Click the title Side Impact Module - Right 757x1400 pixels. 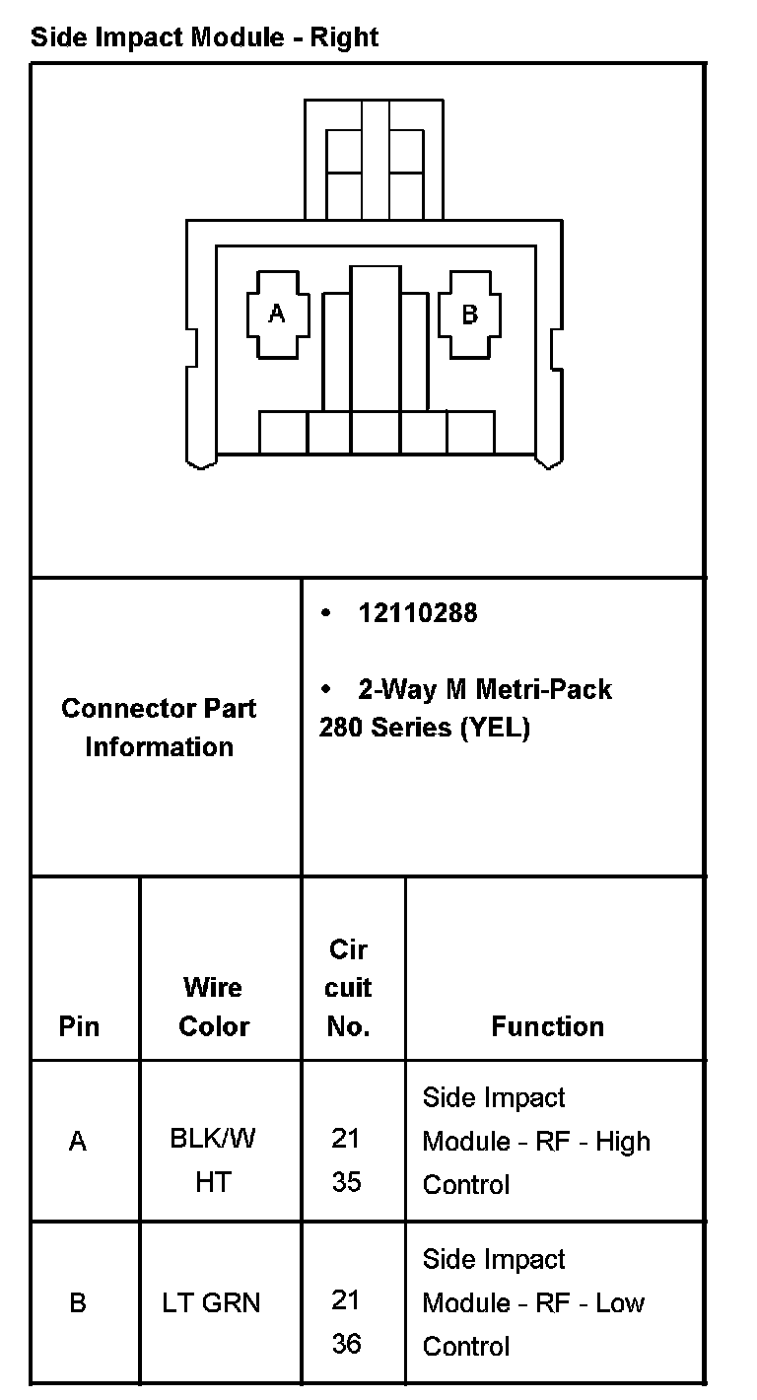(204, 38)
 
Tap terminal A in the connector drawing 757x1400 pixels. (277, 315)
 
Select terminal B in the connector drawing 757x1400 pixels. (470, 315)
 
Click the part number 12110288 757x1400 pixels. (418, 613)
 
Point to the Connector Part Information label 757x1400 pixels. (159, 728)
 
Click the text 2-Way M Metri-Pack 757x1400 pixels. (484, 689)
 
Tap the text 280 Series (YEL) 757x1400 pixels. (425, 729)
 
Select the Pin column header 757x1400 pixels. (79, 1026)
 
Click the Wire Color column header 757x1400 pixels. (214, 1007)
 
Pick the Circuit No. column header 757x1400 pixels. (348, 988)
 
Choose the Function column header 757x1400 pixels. (547, 1026)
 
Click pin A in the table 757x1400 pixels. (78, 1142)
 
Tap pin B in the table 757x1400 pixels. (78, 1303)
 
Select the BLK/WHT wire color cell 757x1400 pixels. (213, 1159)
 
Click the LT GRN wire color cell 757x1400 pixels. (212, 1303)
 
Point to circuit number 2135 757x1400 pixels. (346, 1159)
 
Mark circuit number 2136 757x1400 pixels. (346, 1321)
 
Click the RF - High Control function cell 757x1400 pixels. (536, 1142)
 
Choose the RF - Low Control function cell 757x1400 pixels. (533, 1303)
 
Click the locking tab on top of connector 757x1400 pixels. (375, 158)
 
